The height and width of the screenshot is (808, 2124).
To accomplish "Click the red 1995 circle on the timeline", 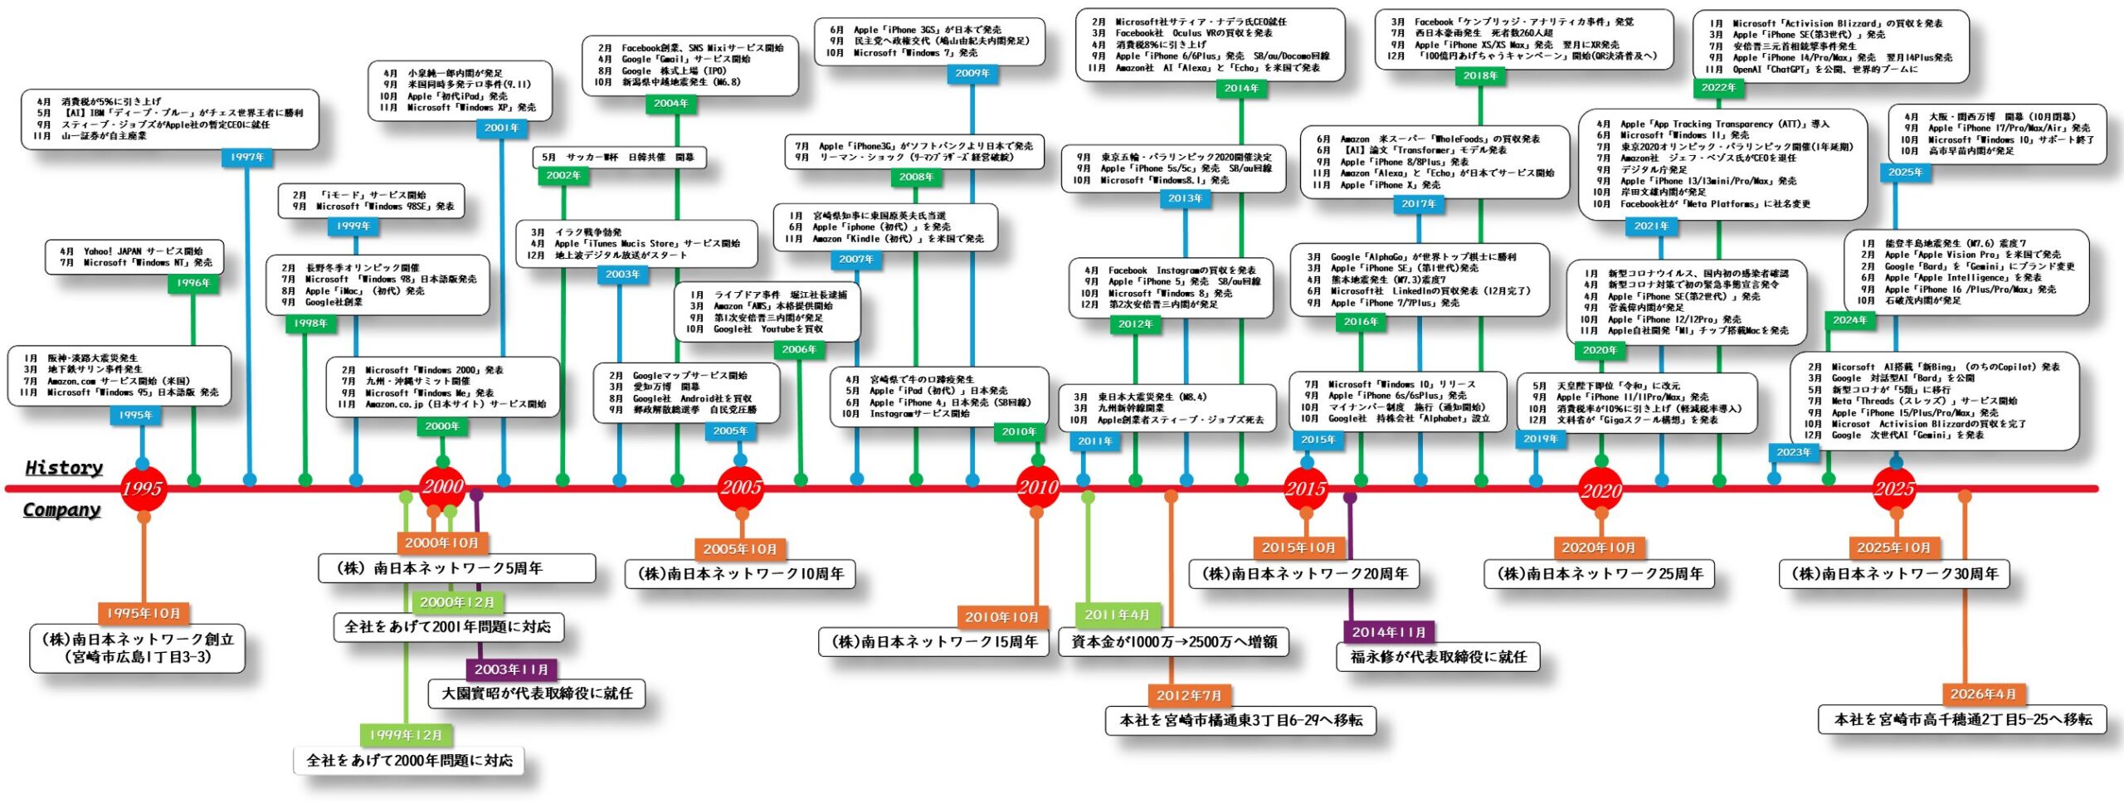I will tap(143, 489).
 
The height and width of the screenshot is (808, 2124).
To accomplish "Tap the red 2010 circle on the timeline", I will tap(1038, 488).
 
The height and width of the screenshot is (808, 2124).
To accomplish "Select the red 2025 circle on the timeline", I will tap(1894, 489).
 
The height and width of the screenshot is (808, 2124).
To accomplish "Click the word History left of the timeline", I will tap(64, 468).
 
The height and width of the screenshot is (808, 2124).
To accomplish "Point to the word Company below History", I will tap(62, 510).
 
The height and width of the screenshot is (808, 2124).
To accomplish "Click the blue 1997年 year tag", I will tap(247, 157).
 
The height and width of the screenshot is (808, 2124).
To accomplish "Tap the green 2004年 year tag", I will tap(671, 104).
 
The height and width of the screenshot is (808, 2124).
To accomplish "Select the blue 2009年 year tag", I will tap(972, 73).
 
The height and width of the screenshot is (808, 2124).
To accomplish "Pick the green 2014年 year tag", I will tap(1241, 88).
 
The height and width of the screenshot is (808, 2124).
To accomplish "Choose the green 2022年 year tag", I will tap(1718, 87).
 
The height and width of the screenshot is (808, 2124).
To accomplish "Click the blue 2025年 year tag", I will tap(1906, 172).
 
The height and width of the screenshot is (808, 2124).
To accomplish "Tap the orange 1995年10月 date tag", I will tap(144, 613).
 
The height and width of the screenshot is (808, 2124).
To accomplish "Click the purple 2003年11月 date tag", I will tap(511, 669).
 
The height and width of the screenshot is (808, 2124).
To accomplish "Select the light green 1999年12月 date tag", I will tap(406, 735).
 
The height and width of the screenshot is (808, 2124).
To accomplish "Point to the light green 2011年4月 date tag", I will tap(1117, 615).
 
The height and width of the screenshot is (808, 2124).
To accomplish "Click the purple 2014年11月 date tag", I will tap(1389, 632).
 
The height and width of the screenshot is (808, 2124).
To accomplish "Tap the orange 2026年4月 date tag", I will tap(1983, 694).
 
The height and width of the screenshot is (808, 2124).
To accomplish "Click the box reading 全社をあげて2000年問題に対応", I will tap(410, 760).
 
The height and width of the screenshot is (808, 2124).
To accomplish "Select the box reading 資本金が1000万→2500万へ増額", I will tap(1174, 642).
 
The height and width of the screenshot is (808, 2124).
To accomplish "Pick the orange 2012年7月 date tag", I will tap(1189, 695).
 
